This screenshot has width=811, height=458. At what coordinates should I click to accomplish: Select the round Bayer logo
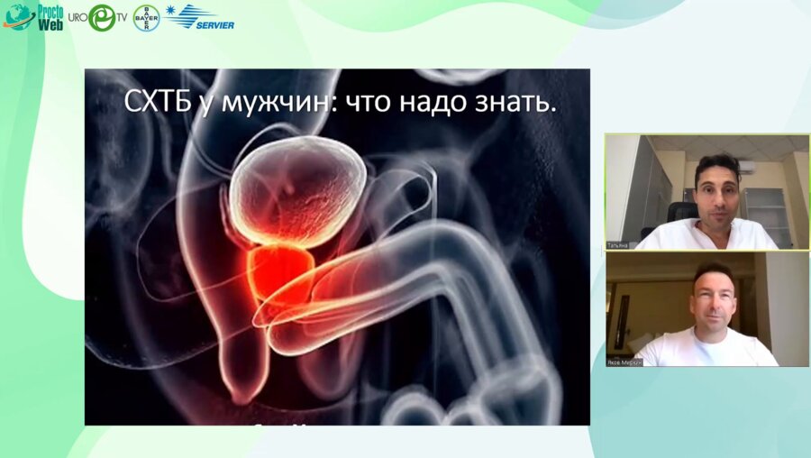pos(146,18)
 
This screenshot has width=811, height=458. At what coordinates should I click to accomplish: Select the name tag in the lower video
pos(623,361)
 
